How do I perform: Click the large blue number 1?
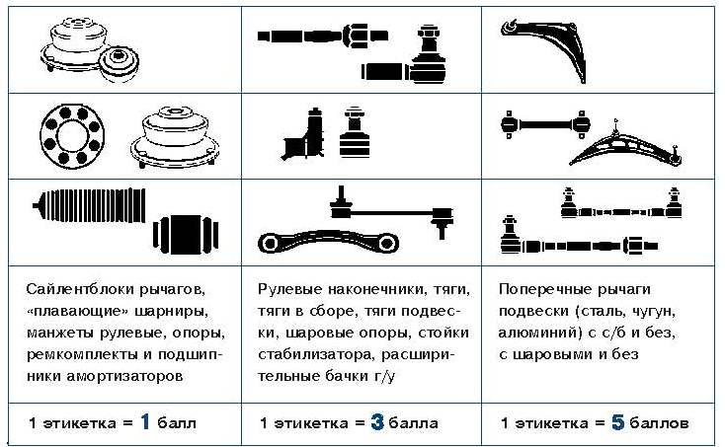pyautogui.click(x=145, y=421)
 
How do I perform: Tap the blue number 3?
pyautogui.click(x=377, y=421)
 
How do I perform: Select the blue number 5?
pyautogui.click(x=617, y=421)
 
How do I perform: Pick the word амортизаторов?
pyautogui.click(x=124, y=376)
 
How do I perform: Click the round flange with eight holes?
pyautogui.click(x=72, y=136)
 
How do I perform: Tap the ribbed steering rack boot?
pyautogui.click(x=90, y=205)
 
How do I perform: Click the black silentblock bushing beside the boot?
pyautogui.click(x=186, y=234)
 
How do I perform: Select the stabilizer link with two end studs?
pyautogui.click(x=391, y=213)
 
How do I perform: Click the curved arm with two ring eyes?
pyautogui.click(x=328, y=241)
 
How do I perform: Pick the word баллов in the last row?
pyautogui.click(x=659, y=422)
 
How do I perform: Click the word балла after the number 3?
pyautogui.click(x=413, y=422)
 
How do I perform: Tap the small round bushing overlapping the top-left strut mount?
pyautogui.click(x=120, y=64)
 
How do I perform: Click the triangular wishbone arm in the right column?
pyautogui.click(x=625, y=144)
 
